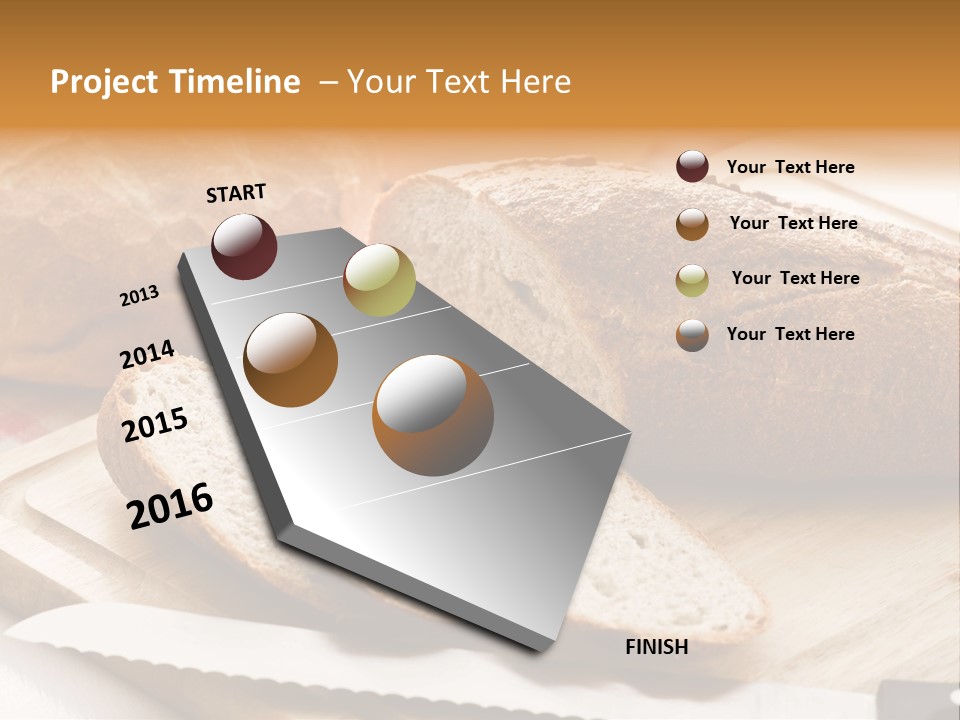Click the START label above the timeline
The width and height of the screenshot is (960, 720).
[236, 193]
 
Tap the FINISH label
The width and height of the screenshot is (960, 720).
[657, 647]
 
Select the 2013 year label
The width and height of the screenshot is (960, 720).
[140, 295]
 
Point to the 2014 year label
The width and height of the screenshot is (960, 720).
[147, 354]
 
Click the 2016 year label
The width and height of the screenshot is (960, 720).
[170, 505]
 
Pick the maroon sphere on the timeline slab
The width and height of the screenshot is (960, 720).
[244, 246]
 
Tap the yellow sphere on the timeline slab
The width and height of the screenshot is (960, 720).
[379, 280]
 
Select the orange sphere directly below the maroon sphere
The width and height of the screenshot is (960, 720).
[290, 359]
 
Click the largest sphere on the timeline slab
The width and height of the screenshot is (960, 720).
[433, 415]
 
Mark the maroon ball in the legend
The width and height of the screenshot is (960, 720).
[692, 167]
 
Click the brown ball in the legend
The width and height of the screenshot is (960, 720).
[692, 224]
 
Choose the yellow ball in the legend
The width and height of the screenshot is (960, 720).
[692, 280]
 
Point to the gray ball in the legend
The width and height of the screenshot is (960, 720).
[692, 335]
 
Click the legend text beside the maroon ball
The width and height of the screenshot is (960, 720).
[790, 167]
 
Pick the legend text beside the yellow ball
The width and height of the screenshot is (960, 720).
[795, 278]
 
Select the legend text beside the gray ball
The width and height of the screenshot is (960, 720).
[790, 334]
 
